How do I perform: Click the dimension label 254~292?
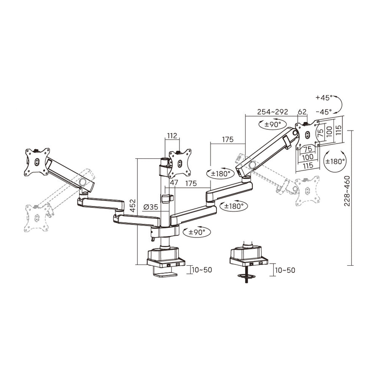tap(272, 112)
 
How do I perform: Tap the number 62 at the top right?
tap(302, 112)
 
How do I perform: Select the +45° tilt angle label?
tap(323, 97)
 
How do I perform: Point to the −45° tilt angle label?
tap(323, 112)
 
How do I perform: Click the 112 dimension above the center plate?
tap(172, 136)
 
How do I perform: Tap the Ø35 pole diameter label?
tap(150, 207)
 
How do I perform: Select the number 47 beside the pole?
tap(174, 183)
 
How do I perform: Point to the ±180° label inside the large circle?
tap(335, 161)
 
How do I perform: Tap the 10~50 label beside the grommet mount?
tap(285, 270)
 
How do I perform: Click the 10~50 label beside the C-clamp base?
tap(202, 270)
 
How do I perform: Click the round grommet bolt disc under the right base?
tap(247, 277)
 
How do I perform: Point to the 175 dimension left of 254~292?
tap(227, 139)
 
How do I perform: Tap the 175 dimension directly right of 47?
tap(191, 183)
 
